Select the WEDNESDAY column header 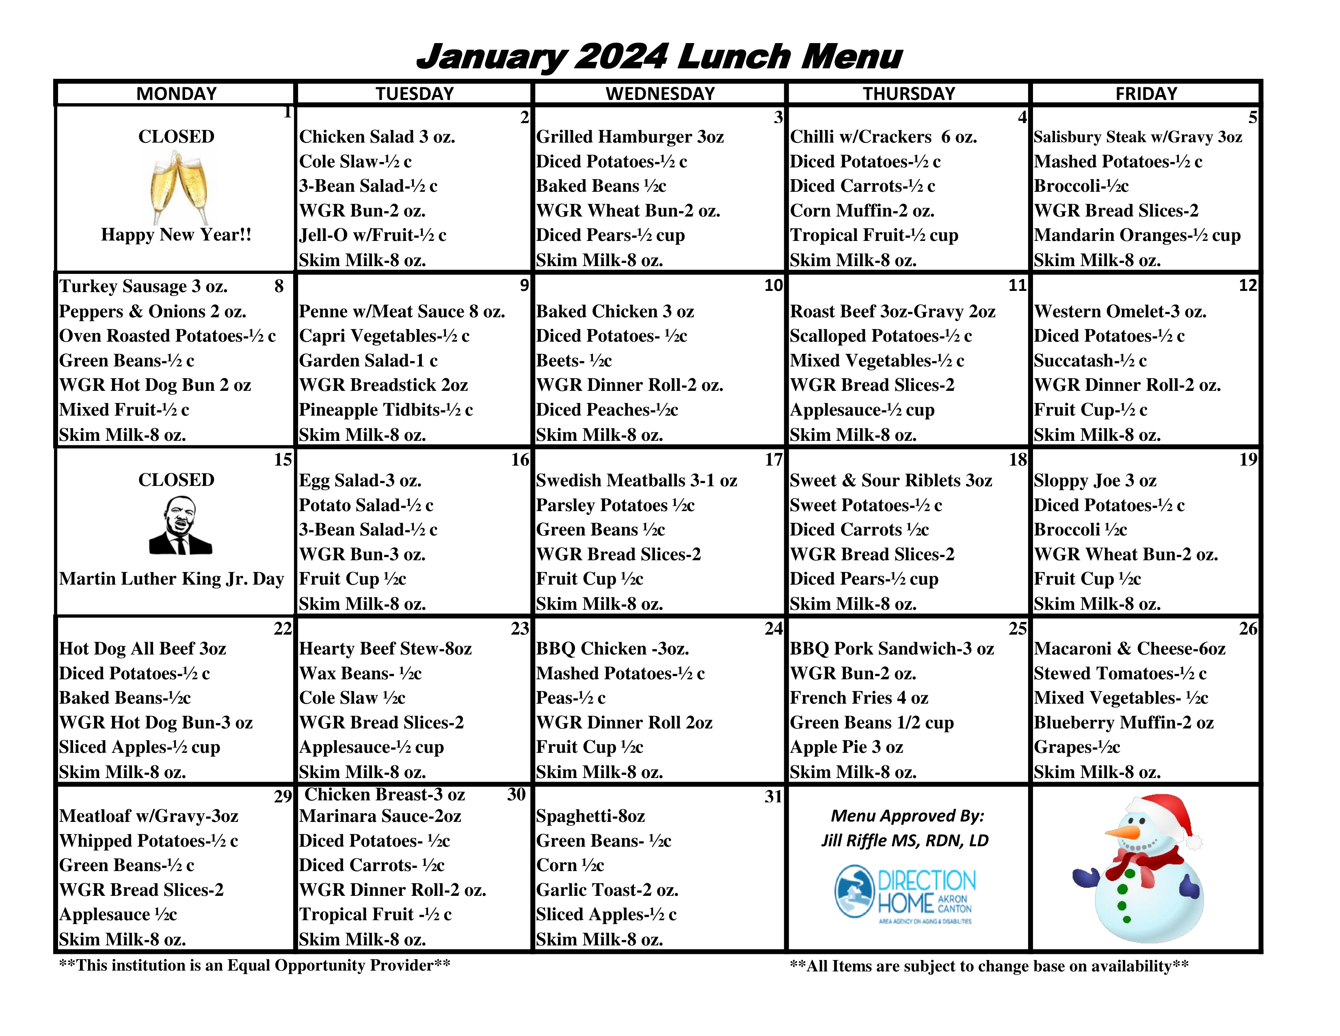tap(660, 93)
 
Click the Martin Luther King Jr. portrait tap(180, 526)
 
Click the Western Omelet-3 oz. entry tap(1120, 311)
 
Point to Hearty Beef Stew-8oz tap(385, 649)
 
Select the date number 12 tap(1248, 285)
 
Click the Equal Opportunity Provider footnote tap(255, 965)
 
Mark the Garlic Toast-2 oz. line tap(607, 890)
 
